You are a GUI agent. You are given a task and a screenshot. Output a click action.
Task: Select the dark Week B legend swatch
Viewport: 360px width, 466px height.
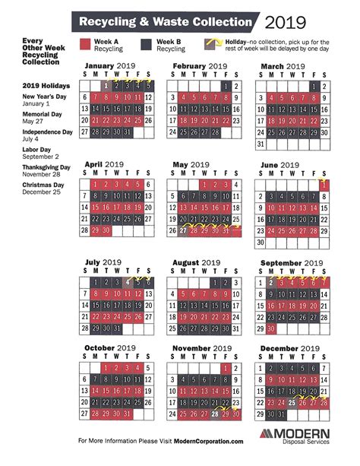pos(146,45)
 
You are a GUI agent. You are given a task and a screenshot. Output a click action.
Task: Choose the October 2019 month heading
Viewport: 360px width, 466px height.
pos(113,348)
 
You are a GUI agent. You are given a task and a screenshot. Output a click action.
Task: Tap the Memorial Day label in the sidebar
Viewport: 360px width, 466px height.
pos(32,113)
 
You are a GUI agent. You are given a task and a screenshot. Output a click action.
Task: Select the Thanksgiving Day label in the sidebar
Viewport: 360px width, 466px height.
pos(35,166)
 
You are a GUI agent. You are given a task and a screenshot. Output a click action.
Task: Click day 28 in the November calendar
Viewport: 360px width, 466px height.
pos(216,414)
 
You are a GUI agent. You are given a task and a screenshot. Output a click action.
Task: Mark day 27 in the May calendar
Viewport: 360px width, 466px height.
pos(183,230)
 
